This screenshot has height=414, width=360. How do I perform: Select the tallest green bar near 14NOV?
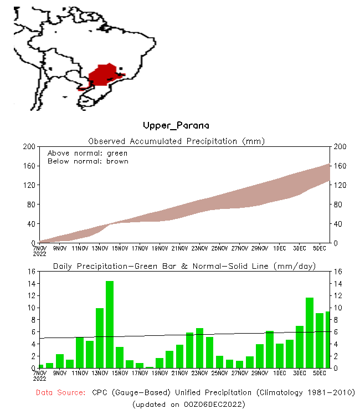pyautogui.click(x=110, y=324)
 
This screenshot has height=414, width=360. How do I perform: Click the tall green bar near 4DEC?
pyautogui.click(x=310, y=333)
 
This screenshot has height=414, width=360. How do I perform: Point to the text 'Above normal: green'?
pyautogui.click(x=87, y=153)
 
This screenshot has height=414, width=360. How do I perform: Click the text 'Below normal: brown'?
pyautogui.click(x=88, y=161)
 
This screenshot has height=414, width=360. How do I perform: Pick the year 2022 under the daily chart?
pyautogui.click(x=39, y=379)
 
